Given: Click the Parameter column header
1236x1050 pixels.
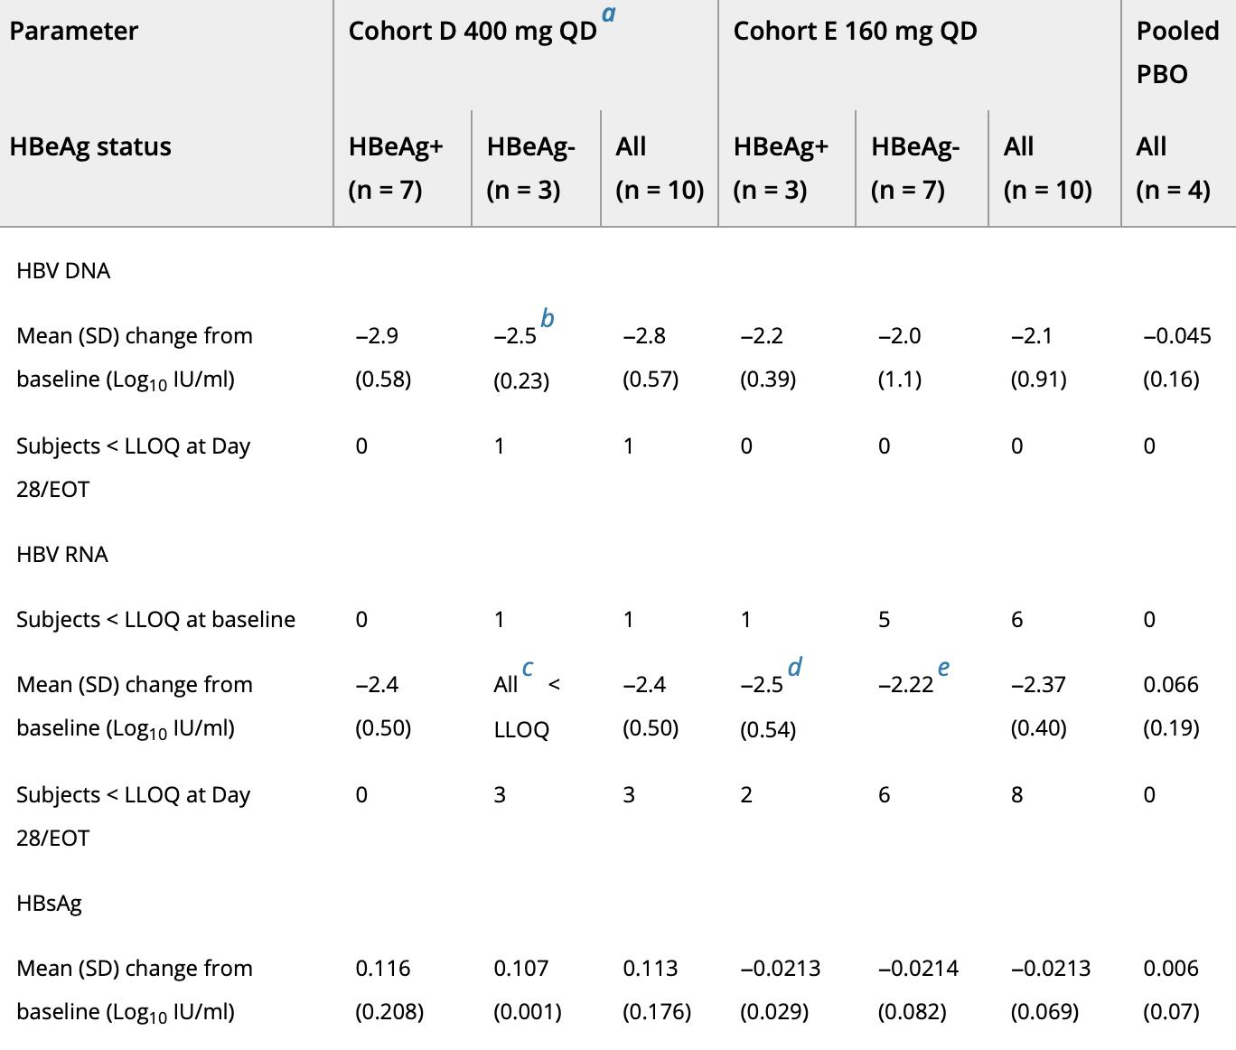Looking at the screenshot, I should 73,32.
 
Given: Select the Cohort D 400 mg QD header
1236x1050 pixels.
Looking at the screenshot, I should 472,32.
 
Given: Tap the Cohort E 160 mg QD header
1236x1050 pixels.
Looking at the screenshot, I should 855,32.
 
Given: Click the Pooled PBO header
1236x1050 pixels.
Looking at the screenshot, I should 1176,52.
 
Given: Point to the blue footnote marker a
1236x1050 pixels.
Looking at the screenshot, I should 609,14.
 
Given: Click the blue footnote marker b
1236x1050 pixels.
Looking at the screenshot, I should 548,319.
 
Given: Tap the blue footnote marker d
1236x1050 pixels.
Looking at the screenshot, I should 794,668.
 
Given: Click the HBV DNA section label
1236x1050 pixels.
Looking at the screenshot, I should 63,271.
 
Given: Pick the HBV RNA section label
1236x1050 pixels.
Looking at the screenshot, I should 62,554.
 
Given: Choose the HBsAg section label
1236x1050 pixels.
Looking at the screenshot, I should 49,903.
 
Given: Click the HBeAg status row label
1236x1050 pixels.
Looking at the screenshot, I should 90,146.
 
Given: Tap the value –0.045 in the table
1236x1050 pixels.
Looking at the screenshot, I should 1176,336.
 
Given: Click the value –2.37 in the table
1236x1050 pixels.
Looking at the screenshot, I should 1038,685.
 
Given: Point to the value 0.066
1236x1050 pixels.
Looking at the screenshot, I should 1171,685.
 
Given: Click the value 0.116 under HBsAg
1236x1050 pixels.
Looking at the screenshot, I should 383,969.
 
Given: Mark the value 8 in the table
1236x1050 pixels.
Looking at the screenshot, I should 1016,795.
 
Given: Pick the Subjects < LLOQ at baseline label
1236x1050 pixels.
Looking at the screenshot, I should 155,620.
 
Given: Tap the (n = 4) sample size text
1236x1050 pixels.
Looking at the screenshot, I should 1173,191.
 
